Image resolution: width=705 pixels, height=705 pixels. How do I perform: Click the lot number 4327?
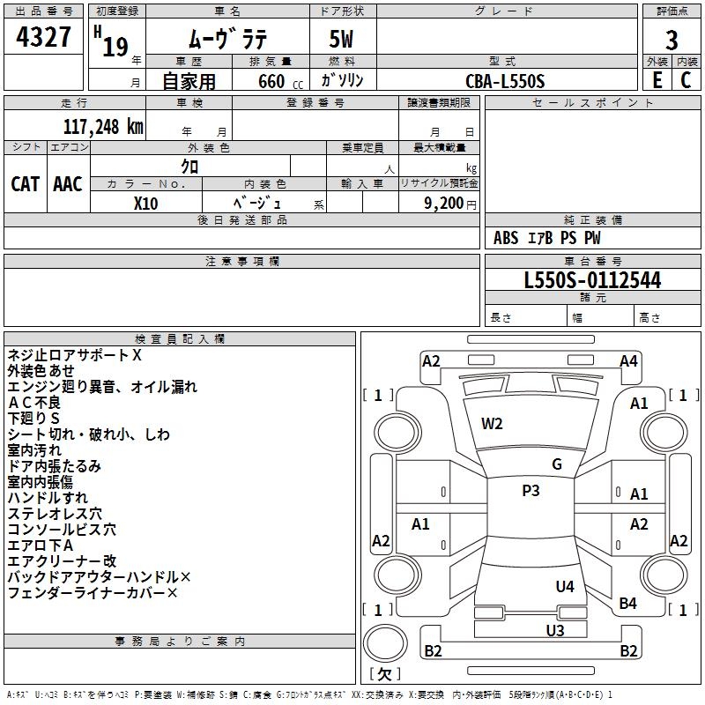click(43, 37)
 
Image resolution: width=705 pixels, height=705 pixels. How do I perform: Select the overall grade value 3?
click(672, 40)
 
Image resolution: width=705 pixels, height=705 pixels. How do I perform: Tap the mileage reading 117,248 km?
click(103, 127)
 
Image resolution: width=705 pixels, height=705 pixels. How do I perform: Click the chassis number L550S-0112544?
click(592, 280)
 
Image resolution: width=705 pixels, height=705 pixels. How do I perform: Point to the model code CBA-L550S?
click(505, 81)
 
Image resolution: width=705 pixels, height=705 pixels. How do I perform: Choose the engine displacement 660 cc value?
click(280, 81)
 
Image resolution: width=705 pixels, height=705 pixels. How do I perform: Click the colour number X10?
click(145, 204)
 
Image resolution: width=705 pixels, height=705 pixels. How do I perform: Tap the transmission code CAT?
click(26, 184)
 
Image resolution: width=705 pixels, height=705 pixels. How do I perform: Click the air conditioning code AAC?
click(68, 184)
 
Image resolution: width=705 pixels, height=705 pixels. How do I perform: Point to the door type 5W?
click(341, 39)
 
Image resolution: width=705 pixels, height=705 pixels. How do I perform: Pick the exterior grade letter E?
click(657, 80)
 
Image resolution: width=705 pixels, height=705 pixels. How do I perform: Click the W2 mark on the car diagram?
click(492, 424)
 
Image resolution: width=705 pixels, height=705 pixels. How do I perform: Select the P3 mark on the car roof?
click(531, 490)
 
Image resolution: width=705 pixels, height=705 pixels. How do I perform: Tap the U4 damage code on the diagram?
click(565, 586)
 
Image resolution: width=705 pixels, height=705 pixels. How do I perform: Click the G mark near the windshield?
click(557, 464)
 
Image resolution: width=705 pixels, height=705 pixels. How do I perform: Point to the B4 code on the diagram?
click(627, 603)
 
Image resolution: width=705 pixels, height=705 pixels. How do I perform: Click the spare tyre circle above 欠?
click(385, 643)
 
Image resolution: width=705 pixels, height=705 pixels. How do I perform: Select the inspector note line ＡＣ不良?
click(34, 403)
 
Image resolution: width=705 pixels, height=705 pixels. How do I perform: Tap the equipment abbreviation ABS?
click(506, 238)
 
